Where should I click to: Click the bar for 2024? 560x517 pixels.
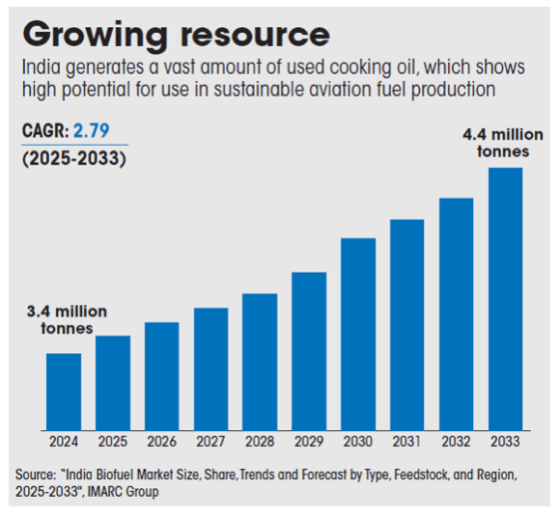click(x=64, y=392)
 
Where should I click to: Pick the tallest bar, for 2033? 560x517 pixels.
click(x=505, y=299)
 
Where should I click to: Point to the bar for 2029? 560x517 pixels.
click(x=309, y=351)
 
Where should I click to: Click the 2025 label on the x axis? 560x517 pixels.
click(x=113, y=442)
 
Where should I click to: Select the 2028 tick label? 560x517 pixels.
click(x=260, y=442)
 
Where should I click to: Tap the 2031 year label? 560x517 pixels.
click(x=407, y=442)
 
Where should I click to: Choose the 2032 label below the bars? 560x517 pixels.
click(x=457, y=442)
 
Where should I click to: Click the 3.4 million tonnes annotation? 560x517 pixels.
click(x=67, y=319)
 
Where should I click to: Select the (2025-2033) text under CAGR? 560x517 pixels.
click(x=74, y=157)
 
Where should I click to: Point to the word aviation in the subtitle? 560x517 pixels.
click(x=322, y=89)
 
